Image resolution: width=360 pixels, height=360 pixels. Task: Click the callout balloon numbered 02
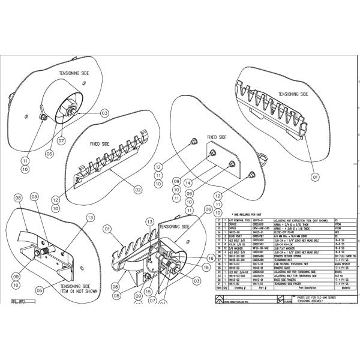pos(137,190)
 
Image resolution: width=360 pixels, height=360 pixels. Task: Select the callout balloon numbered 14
pos(188,183)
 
